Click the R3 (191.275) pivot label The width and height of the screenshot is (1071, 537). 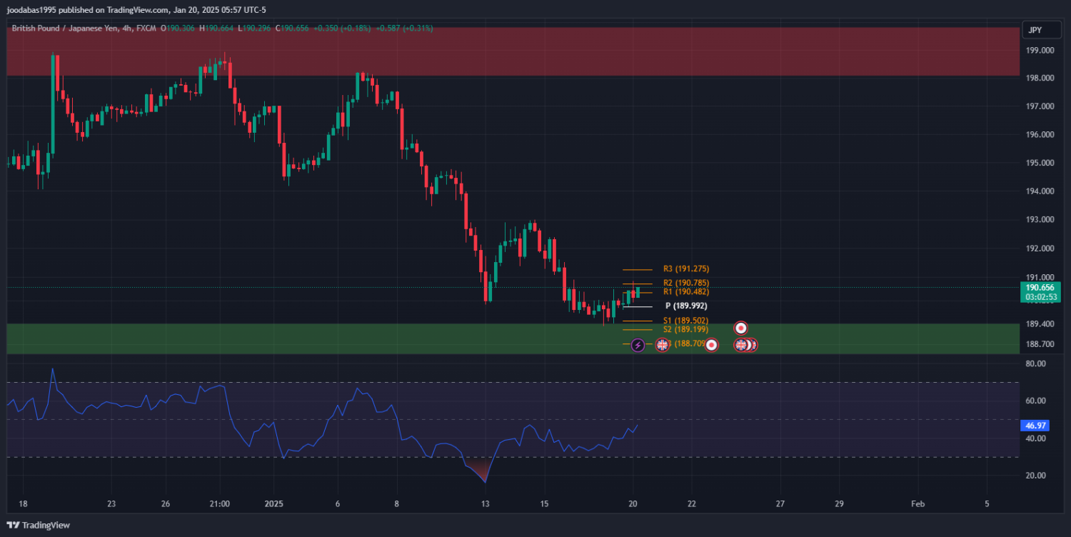685,269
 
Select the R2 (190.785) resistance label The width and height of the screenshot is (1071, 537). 685,283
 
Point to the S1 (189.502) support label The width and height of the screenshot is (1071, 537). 685,321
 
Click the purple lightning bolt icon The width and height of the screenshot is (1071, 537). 638,345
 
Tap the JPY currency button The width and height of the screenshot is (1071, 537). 1035,30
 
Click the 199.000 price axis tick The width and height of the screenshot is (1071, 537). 1040,51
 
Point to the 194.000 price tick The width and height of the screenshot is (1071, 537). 1040,191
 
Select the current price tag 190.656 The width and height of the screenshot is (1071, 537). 1040,287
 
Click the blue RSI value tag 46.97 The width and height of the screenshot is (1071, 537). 1035,426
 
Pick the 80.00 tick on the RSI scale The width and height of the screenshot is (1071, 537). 1035,363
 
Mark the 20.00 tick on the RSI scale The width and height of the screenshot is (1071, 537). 1035,476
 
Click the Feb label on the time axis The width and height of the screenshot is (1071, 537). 918,503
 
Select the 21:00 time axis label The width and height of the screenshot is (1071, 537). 220,503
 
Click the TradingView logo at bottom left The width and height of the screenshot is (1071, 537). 39,525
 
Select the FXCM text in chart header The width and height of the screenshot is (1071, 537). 148,29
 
